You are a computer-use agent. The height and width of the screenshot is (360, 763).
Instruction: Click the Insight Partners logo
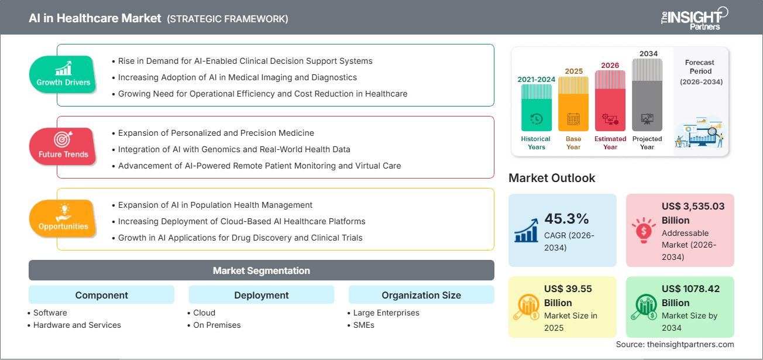(694, 18)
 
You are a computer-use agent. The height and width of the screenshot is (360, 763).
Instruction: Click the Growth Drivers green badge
(63, 74)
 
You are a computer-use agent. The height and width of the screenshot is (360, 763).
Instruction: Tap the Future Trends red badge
(63, 146)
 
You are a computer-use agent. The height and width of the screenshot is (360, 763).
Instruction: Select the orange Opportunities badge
(63, 218)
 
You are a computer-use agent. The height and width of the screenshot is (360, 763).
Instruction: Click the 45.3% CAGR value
(566, 219)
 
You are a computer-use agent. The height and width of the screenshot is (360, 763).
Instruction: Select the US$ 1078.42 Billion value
(690, 296)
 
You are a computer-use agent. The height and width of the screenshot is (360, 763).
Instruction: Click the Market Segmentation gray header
(261, 270)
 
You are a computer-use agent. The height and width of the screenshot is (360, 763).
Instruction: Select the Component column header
(101, 295)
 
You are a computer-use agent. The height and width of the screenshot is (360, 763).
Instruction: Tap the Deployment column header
(261, 295)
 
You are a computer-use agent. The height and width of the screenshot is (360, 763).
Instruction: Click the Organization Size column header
(421, 295)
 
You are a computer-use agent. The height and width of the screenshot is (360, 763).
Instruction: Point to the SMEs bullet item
(363, 325)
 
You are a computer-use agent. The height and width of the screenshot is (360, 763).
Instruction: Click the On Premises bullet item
(216, 325)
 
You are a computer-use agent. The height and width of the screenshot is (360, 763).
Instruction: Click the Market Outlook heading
(552, 178)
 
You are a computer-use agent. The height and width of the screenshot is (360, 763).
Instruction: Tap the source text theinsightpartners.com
(675, 344)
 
